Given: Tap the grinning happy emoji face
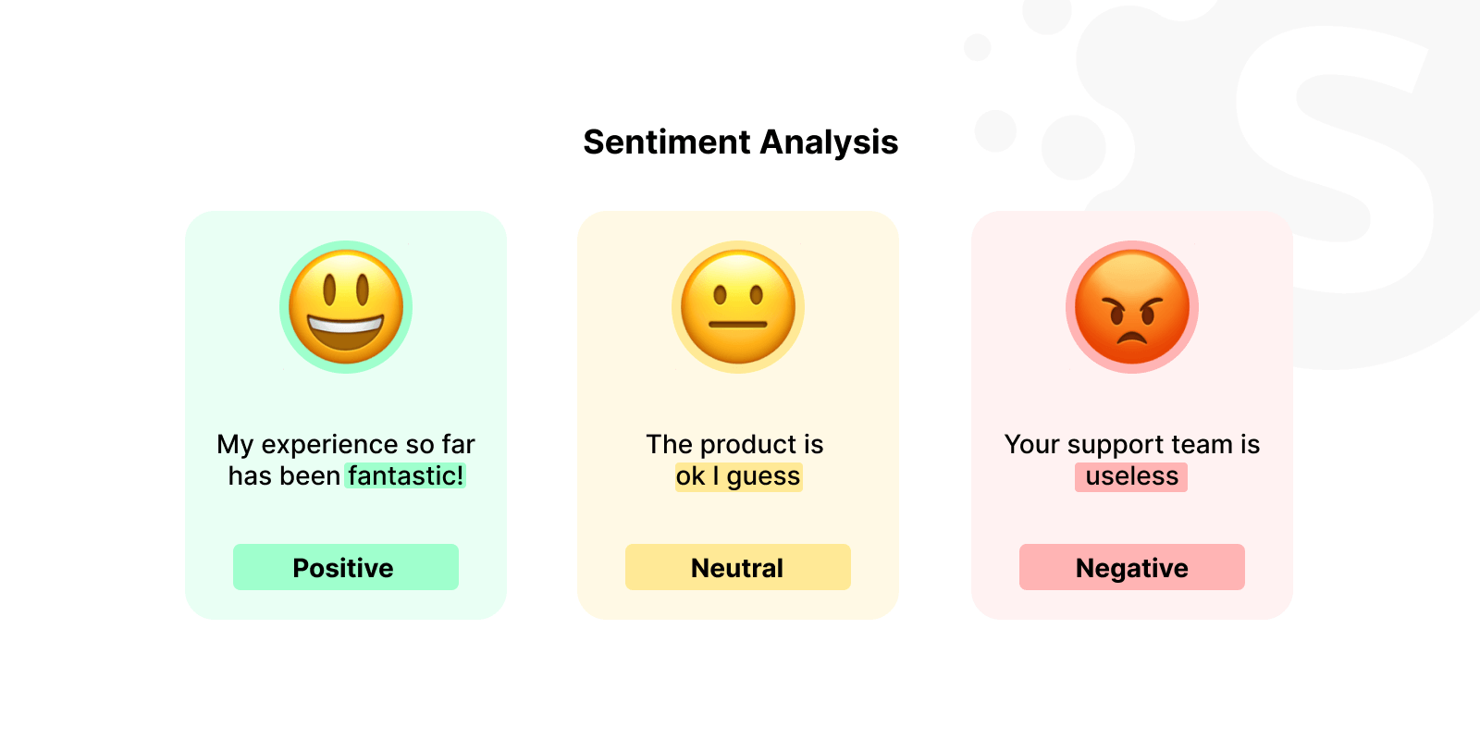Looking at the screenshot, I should point(346,307).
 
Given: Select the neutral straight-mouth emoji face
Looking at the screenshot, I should point(738,307).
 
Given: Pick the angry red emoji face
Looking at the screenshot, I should point(1132,307).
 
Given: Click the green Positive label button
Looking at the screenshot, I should point(345,567).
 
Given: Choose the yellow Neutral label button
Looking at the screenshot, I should point(737,567).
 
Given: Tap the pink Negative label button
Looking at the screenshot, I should point(1131,567).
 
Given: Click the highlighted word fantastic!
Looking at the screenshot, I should point(405,475).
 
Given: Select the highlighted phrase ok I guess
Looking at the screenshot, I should point(737,475).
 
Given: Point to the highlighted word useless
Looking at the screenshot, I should point(1131,475).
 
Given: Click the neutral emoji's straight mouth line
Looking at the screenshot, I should point(738,325).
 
